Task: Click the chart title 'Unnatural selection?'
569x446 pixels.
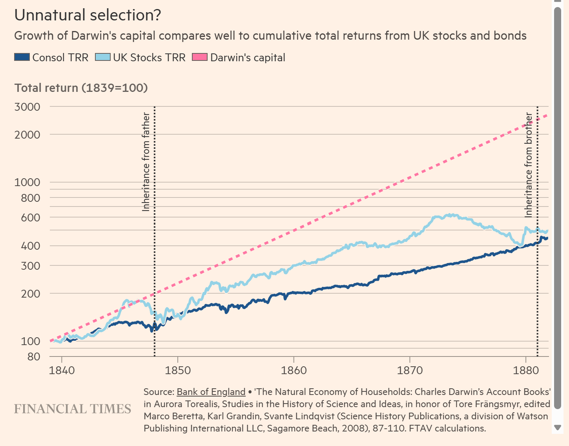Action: point(88,15)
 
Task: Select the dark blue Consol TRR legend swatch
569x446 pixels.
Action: point(22,57)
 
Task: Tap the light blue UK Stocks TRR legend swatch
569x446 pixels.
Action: point(103,57)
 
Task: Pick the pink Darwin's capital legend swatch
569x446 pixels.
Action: point(199,57)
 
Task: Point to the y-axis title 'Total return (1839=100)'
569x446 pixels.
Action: point(81,88)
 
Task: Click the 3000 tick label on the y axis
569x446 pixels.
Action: point(27,107)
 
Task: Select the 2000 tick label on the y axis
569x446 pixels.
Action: point(27,135)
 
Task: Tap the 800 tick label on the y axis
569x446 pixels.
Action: point(30,198)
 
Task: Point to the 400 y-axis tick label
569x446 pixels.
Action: point(30,246)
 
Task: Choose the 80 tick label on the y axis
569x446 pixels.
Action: point(33,356)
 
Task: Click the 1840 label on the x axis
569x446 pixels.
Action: point(62,370)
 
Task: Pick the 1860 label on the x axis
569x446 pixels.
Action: point(294,370)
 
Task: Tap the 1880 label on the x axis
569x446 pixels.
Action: point(526,370)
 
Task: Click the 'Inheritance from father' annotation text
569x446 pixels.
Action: point(146,162)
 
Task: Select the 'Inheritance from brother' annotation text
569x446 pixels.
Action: point(529,165)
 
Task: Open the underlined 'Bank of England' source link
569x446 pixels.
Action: point(211,392)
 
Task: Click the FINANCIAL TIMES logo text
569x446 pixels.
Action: point(73,409)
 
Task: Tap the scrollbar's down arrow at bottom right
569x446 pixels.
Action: point(557,428)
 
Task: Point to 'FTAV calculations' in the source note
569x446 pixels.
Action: point(447,428)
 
